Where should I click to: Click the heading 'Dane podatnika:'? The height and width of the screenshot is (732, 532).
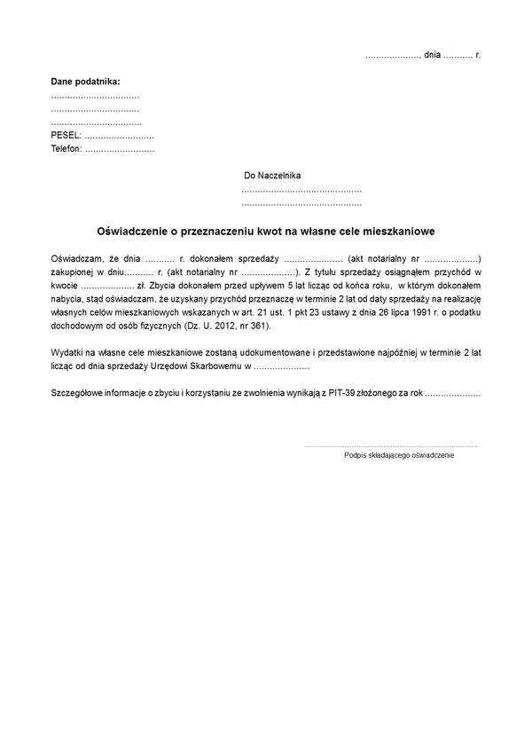[85, 82]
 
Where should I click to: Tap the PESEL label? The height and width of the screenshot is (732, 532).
[66, 136]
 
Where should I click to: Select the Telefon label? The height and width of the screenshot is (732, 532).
[66, 149]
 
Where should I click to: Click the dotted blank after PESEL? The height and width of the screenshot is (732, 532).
[120, 137]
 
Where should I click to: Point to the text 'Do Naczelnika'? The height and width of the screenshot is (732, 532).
[272, 176]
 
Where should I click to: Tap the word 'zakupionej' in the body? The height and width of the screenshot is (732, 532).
[72, 272]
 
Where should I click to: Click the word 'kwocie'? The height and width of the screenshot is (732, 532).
[65, 286]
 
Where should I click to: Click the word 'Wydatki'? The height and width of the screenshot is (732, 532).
[67, 352]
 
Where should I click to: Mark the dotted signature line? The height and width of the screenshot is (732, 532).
[391, 446]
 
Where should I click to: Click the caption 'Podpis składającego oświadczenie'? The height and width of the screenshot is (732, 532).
[399, 455]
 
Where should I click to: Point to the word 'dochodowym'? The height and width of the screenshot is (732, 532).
[77, 327]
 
